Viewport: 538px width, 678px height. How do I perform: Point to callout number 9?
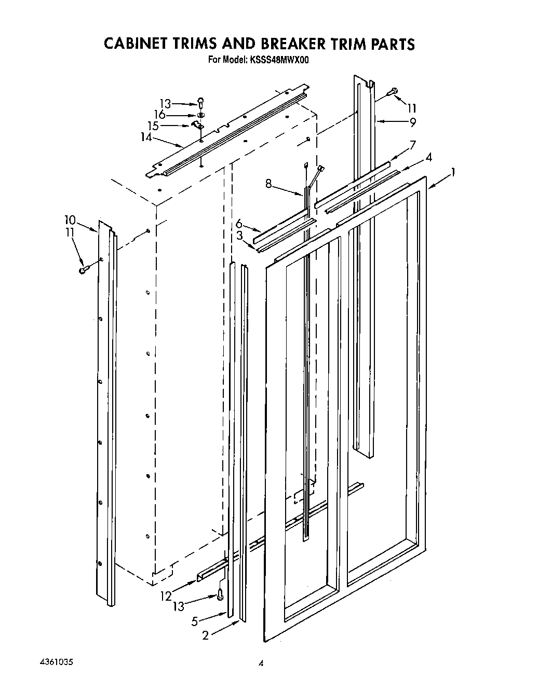pyautogui.click(x=412, y=123)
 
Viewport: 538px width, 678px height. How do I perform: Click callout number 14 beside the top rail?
pyautogui.click(x=146, y=137)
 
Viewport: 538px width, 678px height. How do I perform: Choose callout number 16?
pyautogui.click(x=159, y=115)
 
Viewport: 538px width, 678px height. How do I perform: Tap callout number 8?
pyautogui.click(x=268, y=183)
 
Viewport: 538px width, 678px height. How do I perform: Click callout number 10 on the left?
pyautogui.click(x=71, y=220)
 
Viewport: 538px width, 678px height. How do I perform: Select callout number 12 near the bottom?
pyautogui.click(x=166, y=596)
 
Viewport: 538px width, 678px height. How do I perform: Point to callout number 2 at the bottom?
pyautogui.click(x=206, y=635)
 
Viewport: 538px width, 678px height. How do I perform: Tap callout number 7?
pyautogui.click(x=412, y=145)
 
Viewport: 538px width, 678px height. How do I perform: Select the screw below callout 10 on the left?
pyautogui.click(x=84, y=270)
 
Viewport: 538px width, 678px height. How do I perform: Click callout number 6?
pyautogui.click(x=239, y=224)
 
